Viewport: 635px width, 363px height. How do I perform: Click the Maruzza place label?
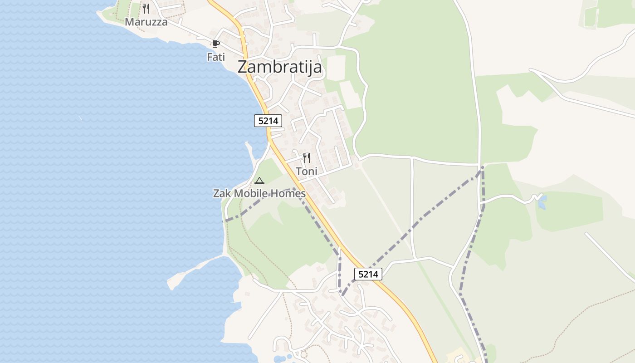tap(146, 22)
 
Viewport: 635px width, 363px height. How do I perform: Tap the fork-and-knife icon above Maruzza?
tap(146, 8)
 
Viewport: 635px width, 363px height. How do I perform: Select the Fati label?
tap(216, 57)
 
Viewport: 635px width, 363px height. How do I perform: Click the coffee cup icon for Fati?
tap(216, 44)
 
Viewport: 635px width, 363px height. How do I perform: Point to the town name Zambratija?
tap(280, 67)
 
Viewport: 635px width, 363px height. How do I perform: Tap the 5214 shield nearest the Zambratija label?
tap(268, 121)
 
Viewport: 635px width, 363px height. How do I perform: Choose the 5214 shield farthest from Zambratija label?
tap(368, 274)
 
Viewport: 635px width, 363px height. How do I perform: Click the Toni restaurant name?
tap(307, 172)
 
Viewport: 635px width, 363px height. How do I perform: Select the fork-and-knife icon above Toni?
tap(307, 158)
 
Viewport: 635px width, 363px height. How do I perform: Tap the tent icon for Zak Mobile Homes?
tap(259, 181)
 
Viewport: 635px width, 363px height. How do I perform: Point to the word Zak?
tap(222, 194)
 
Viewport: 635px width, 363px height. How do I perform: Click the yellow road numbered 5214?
tap(317, 209)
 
